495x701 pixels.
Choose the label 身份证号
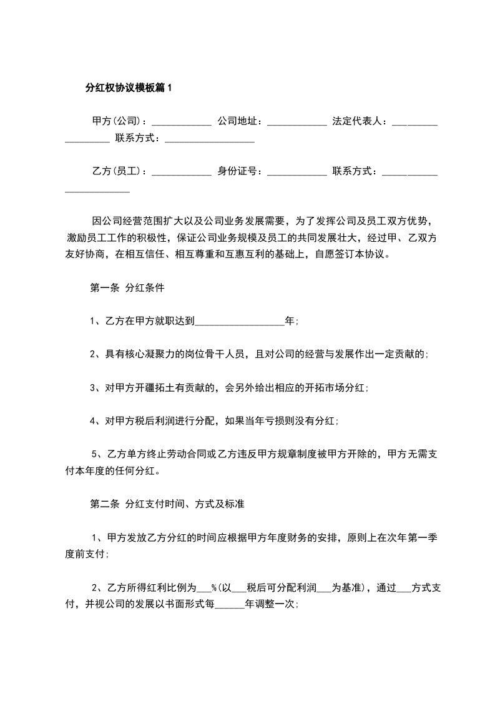tap(239, 171)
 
